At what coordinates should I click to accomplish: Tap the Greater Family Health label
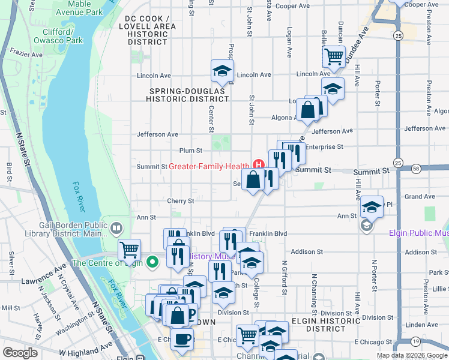pos(208,166)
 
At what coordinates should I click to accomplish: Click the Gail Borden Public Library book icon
pos(116,228)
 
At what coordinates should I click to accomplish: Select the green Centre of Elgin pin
pos(152,262)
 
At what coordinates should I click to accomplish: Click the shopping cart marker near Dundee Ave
pos(333,57)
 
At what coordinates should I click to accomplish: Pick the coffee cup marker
pos(182,338)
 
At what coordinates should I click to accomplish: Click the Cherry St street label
pos(181,201)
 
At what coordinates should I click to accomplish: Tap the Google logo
pos(20,353)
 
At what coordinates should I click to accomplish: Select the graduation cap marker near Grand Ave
pos(372,207)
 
